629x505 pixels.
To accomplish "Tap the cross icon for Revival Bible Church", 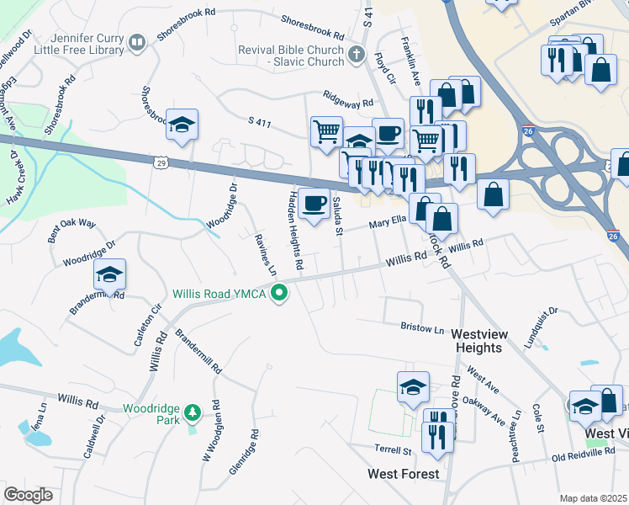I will tap(357, 56).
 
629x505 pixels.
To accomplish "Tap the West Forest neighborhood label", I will tap(404, 474).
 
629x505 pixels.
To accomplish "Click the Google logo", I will tap(28, 494).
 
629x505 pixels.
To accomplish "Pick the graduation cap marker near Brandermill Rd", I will tap(109, 274).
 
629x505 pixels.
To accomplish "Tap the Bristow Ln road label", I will tap(421, 327).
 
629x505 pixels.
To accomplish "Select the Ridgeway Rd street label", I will tap(345, 101).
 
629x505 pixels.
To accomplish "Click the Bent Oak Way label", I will tap(71, 231).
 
